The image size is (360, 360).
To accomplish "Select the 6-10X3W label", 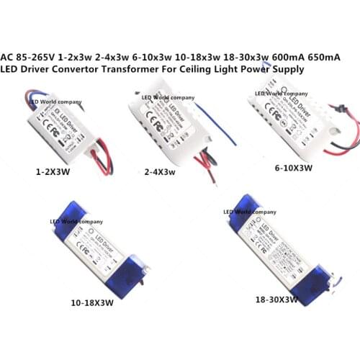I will coord(294,168).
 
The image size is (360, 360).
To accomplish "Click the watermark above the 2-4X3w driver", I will coord(168,96).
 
